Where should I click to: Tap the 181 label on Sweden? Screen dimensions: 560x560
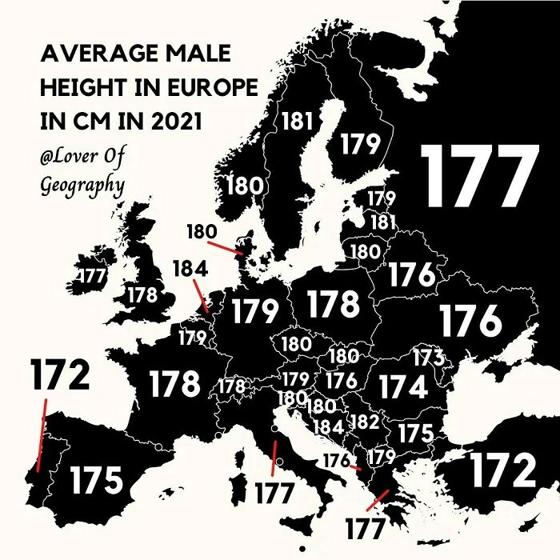pyautogui.click(x=297, y=122)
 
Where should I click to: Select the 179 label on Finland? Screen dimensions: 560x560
pyautogui.click(x=360, y=144)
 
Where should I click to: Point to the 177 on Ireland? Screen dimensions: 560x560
pyautogui.click(x=92, y=276)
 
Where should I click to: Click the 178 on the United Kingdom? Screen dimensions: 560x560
pyautogui.click(x=142, y=294)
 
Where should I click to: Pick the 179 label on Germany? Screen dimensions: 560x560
pyautogui.click(x=255, y=310)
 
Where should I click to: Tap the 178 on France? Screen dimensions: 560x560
pyautogui.click(x=174, y=384)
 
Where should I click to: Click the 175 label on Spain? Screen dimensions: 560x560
pyautogui.click(x=96, y=481)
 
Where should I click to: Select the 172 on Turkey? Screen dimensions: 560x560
pyautogui.click(x=502, y=470)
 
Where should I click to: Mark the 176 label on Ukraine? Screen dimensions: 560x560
pyautogui.click(x=470, y=321)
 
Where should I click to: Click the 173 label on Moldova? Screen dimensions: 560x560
pyautogui.click(x=428, y=358)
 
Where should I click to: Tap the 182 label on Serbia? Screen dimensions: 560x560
pyautogui.click(x=364, y=421)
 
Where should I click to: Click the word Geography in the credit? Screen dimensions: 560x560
pyautogui.click(x=82, y=186)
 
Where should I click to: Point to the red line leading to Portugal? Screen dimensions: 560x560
pyautogui.click(x=42, y=436)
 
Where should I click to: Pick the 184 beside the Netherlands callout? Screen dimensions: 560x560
pyautogui.click(x=190, y=269)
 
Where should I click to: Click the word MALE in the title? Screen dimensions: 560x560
pyautogui.click(x=197, y=54)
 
